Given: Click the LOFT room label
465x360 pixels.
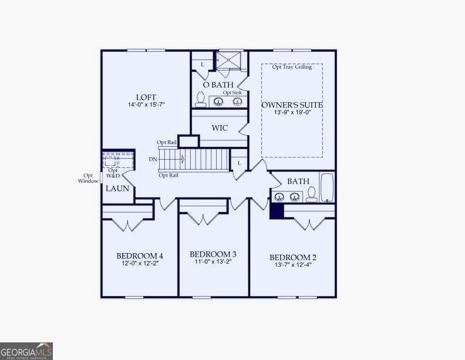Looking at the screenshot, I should (x=146, y=97).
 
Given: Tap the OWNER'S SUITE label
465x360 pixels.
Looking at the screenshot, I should (x=292, y=105).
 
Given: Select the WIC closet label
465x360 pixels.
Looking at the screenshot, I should (x=220, y=128).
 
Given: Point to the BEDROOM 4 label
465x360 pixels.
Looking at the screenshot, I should (x=140, y=256).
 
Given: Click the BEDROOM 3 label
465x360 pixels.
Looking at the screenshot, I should (x=213, y=254).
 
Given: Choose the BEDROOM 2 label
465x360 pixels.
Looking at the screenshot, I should (x=293, y=258).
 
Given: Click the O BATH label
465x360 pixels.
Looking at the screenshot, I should (x=218, y=85).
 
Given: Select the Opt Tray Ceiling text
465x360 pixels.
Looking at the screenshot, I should (x=292, y=67).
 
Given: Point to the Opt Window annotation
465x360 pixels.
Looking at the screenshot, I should (x=88, y=178).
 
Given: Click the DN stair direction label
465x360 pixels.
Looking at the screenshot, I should (x=153, y=159).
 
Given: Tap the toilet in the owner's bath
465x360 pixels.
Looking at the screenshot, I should (x=200, y=99).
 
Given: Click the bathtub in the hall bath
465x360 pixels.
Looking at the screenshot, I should (x=326, y=187).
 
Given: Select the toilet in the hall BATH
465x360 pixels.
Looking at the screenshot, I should (x=311, y=194).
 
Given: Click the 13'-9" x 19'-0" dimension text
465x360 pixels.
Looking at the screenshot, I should (x=292, y=113).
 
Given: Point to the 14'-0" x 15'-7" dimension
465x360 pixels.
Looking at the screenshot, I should (x=146, y=105).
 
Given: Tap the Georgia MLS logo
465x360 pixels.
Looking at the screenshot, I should (x=26, y=351).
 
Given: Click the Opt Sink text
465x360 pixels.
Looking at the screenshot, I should (x=232, y=93).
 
